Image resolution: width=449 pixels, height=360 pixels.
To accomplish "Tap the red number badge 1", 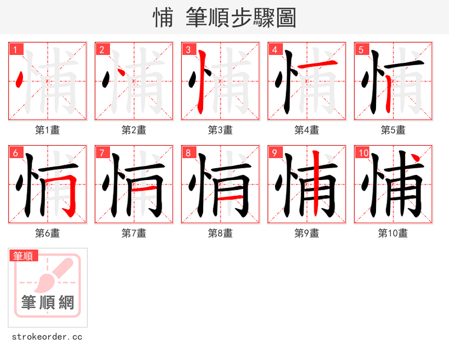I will (x=16, y=50).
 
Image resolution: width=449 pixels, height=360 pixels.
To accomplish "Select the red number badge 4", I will (x=275, y=50).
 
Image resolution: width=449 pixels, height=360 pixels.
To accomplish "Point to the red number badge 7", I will (x=102, y=153).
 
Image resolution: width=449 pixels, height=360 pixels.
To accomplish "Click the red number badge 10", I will (x=363, y=153).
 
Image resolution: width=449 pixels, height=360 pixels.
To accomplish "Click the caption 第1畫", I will (x=48, y=130).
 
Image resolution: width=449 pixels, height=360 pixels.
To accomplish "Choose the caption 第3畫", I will (x=221, y=130).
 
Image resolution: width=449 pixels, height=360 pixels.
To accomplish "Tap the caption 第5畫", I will (x=393, y=130).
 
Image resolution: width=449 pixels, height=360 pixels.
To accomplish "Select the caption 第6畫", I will (x=48, y=233).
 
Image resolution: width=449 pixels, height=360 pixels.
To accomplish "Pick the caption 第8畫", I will (x=221, y=233).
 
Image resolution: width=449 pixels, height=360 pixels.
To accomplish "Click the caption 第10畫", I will (x=393, y=233).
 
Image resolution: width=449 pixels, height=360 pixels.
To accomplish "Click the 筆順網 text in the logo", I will (x=48, y=303).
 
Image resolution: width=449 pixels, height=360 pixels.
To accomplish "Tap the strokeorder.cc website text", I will (x=47, y=337).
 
